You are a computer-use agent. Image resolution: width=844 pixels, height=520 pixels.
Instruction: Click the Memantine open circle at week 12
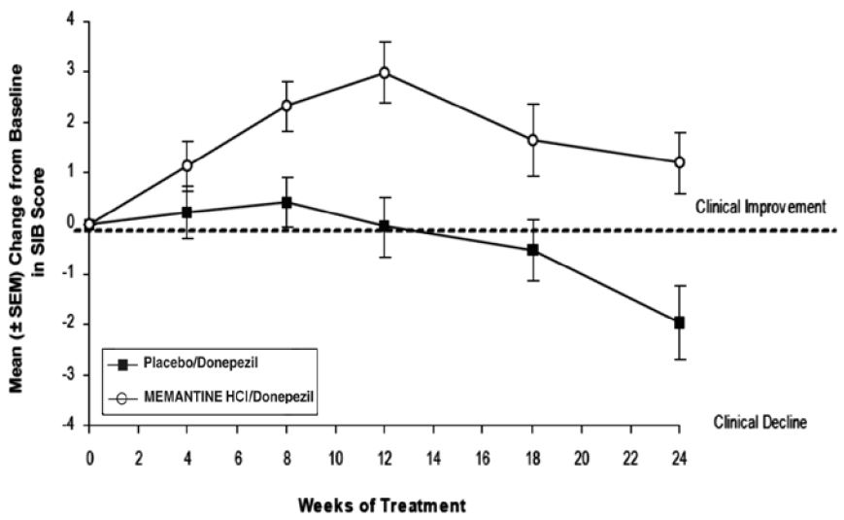pos(385,73)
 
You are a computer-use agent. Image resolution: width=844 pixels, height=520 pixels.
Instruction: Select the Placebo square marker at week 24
pos(679,322)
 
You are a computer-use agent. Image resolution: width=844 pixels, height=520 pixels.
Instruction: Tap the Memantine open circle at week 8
pos(287,105)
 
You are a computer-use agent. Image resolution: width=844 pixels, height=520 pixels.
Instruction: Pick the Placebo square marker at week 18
pos(532,250)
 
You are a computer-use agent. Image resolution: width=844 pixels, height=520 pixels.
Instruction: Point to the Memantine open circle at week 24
pos(679,162)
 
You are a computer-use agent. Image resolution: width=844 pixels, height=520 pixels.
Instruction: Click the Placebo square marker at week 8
pos(287,202)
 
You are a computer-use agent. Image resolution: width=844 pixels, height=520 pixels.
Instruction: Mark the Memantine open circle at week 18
pos(532,140)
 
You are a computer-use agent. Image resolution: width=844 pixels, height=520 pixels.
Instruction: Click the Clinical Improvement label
pos(760,207)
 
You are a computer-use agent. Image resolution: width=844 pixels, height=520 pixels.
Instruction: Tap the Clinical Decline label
pos(760,423)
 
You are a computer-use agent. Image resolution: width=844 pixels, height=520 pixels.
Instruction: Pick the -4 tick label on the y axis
pos(68,425)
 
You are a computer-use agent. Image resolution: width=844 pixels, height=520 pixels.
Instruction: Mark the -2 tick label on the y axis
pos(68,324)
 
